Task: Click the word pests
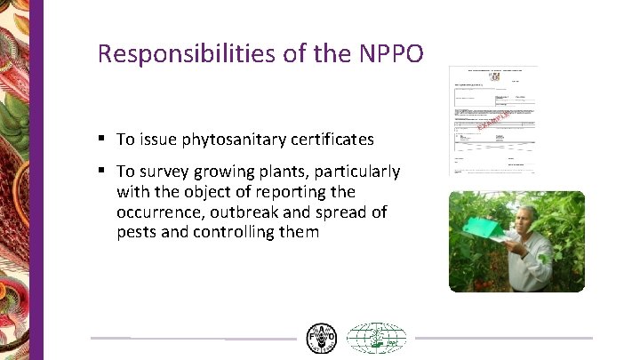[136, 233]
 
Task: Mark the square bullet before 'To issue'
[103, 139]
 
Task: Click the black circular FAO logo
[322, 339]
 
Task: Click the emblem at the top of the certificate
[493, 77]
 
